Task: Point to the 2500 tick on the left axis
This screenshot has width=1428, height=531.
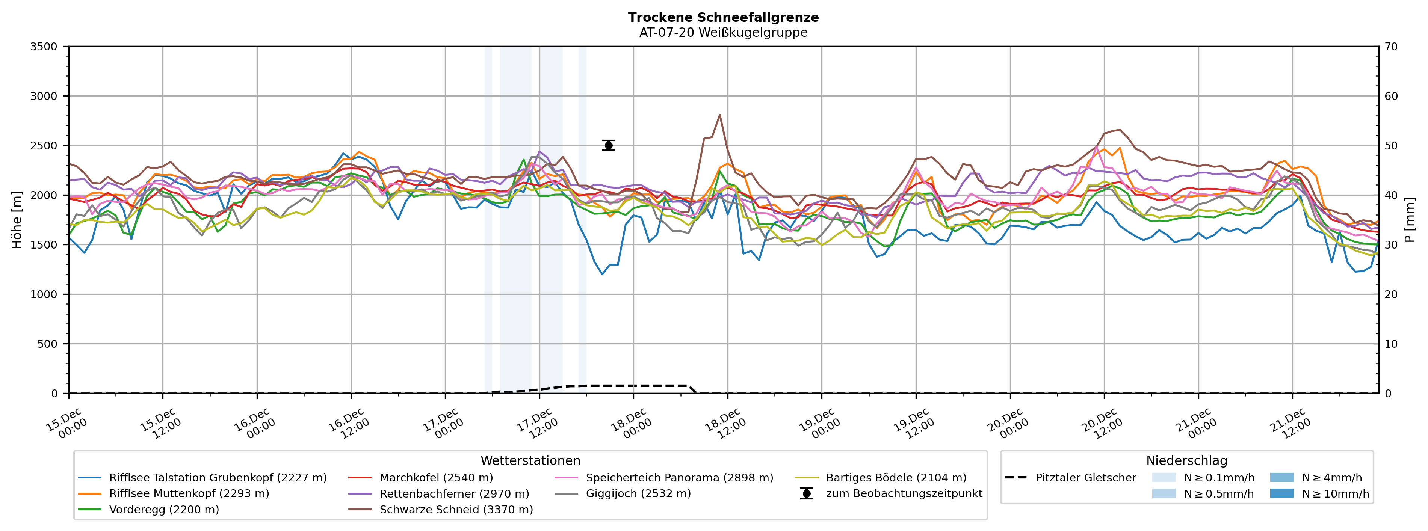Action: (x=44, y=146)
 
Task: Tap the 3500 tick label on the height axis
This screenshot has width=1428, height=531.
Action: (x=44, y=47)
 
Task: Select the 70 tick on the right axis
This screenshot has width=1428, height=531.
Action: (x=1392, y=47)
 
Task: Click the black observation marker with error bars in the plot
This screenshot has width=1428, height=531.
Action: (x=608, y=145)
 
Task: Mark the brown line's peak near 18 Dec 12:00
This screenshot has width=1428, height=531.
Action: (x=719, y=115)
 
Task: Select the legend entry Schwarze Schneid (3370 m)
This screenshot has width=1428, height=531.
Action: (x=456, y=509)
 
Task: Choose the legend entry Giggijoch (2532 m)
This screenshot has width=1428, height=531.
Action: (x=638, y=493)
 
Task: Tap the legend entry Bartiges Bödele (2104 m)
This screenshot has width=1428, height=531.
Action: (x=896, y=478)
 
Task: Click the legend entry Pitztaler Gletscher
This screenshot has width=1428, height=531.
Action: (x=1085, y=478)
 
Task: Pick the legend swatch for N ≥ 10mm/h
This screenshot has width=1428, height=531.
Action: (x=1281, y=493)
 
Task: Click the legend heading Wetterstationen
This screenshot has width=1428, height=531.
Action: (x=530, y=461)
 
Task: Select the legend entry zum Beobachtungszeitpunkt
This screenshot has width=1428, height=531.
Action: (x=904, y=493)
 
